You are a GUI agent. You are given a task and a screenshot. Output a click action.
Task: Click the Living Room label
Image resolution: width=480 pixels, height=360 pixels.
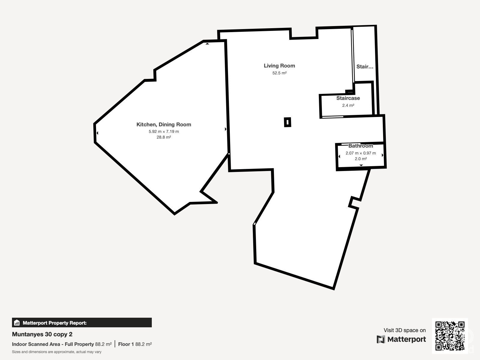click(x=279, y=66)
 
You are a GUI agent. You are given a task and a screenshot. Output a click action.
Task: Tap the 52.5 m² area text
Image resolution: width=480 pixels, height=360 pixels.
click(x=279, y=73)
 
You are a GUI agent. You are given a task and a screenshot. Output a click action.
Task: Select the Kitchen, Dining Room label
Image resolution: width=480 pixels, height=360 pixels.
click(x=163, y=124)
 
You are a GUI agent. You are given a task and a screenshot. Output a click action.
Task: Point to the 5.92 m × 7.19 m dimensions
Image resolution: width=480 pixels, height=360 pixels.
click(x=163, y=131)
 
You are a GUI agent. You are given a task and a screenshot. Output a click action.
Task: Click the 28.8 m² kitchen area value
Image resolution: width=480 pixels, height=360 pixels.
click(x=163, y=137)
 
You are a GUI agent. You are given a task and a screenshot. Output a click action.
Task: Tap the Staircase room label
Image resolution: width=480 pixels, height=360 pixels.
click(x=348, y=98)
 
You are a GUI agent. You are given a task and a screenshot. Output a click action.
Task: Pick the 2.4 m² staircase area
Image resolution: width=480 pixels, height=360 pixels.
click(x=348, y=105)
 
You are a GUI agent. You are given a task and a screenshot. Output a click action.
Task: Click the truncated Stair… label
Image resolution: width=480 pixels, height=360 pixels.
click(x=364, y=67)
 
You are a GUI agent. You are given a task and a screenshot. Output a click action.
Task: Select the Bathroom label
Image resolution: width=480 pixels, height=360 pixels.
click(x=361, y=146)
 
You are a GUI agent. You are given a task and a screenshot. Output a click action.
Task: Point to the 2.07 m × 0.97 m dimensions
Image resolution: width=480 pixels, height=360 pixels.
click(x=361, y=153)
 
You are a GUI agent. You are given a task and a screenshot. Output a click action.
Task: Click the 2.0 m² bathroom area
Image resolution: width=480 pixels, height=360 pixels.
click(x=361, y=159)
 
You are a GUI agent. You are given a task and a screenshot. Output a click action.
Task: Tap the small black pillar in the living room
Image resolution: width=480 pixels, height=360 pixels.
click(x=288, y=122)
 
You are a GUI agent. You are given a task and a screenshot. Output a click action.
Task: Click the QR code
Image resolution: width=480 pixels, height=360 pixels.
click(x=450, y=336)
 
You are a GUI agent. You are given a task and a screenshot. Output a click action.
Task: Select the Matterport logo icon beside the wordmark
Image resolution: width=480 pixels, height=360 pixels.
click(x=380, y=339)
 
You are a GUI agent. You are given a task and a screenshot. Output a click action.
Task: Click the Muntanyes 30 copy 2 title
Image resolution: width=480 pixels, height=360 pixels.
click(x=42, y=334)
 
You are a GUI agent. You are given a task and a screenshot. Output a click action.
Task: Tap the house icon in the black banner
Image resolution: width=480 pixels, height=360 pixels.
click(x=17, y=322)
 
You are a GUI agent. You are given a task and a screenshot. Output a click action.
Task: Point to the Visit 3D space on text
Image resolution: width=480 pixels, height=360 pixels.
click(x=405, y=330)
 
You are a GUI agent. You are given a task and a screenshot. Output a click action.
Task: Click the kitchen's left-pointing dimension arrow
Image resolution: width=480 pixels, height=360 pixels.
click(x=97, y=133)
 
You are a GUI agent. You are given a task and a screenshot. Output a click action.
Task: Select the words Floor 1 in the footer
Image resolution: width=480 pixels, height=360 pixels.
click(x=126, y=344)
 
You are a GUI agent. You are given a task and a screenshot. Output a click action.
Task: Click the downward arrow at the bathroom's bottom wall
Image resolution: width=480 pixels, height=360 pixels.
click(x=361, y=165)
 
